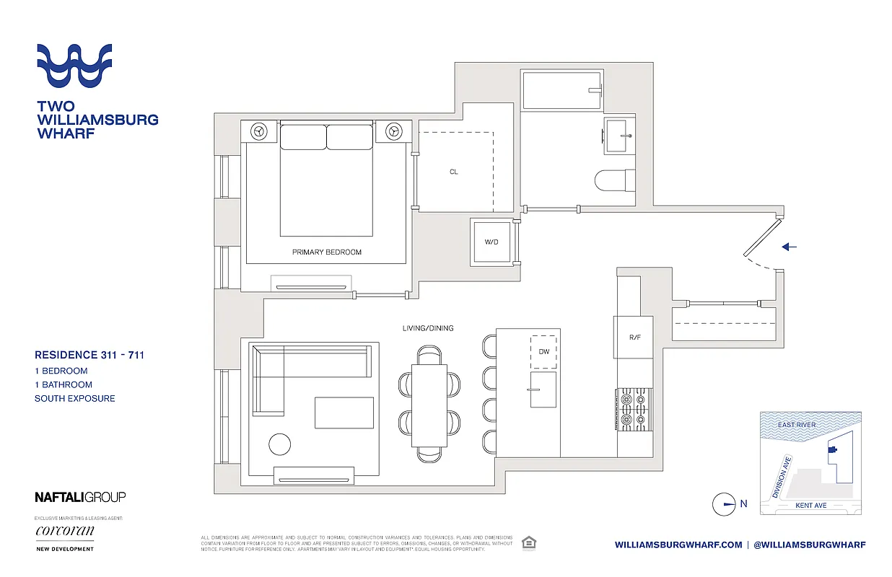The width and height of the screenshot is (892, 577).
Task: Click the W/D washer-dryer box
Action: (x=491, y=242)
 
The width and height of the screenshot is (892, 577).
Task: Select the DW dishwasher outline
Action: (x=544, y=352)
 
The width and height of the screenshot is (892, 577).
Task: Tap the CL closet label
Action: (x=453, y=172)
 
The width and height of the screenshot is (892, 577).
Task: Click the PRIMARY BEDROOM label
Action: (x=326, y=252)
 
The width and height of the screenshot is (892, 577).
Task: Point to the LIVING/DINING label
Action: (x=428, y=328)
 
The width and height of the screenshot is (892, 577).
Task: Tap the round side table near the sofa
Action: (x=280, y=444)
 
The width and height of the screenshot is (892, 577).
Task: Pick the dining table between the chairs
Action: (x=429, y=405)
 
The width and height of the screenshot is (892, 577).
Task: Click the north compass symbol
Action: (x=724, y=504)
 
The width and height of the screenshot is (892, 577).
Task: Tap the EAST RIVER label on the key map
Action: (x=797, y=425)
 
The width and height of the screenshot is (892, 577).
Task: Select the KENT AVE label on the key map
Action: (x=810, y=506)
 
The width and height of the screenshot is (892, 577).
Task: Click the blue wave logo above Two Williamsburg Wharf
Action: (x=74, y=67)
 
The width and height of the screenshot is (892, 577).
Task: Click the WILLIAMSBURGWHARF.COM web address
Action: (x=678, y=545)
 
